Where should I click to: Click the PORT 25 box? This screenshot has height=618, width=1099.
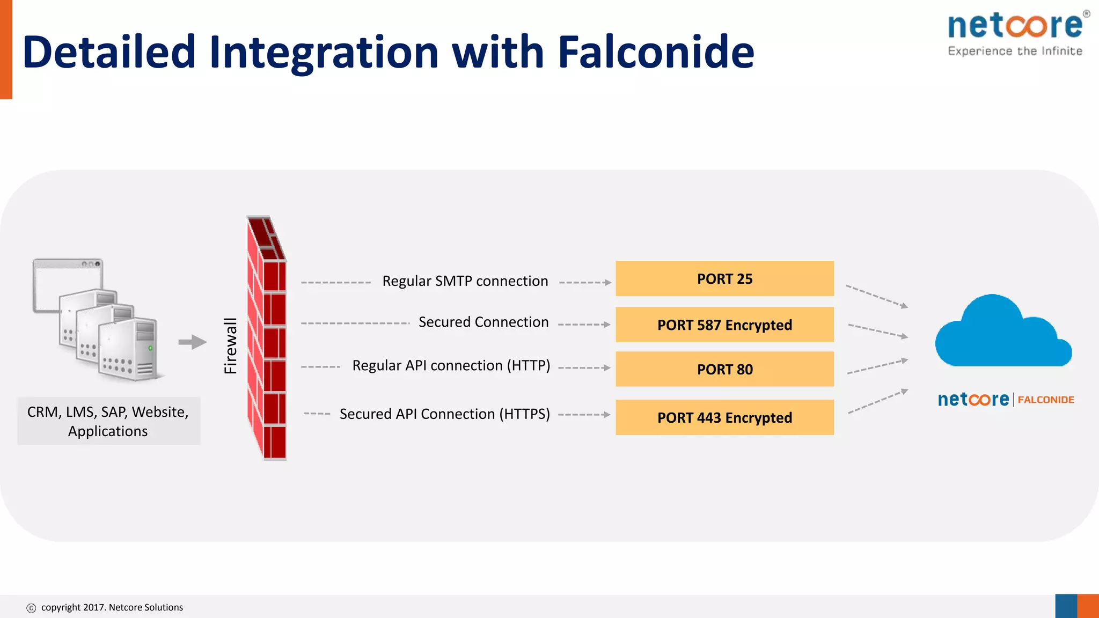pos(724,278)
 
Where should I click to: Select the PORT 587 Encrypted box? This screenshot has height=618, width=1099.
pos(724,325)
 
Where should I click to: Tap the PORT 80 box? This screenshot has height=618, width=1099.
pos(724,369)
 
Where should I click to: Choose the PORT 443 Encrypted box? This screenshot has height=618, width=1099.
pos(724,417)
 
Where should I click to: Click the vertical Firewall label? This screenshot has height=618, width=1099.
pos(230,345)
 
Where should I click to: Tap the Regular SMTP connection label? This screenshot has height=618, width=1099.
pos(465,281)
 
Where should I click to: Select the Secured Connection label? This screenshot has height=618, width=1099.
pos(483,322)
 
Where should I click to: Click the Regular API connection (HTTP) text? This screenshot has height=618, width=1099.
pos(451,365)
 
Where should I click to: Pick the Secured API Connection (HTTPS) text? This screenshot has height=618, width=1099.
pos(444,414)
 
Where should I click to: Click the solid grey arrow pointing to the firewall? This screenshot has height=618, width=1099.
pos(192,342)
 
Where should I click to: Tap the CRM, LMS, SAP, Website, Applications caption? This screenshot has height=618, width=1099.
pos(108,421)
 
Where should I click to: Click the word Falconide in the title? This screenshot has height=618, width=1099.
pos(656,52)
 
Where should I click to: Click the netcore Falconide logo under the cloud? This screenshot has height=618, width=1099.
pos(1005,400)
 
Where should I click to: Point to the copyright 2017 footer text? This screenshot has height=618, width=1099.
pos(112,607)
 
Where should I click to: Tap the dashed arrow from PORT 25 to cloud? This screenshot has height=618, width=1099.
pos(876,297)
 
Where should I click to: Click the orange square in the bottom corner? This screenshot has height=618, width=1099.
pos(1088,606)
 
